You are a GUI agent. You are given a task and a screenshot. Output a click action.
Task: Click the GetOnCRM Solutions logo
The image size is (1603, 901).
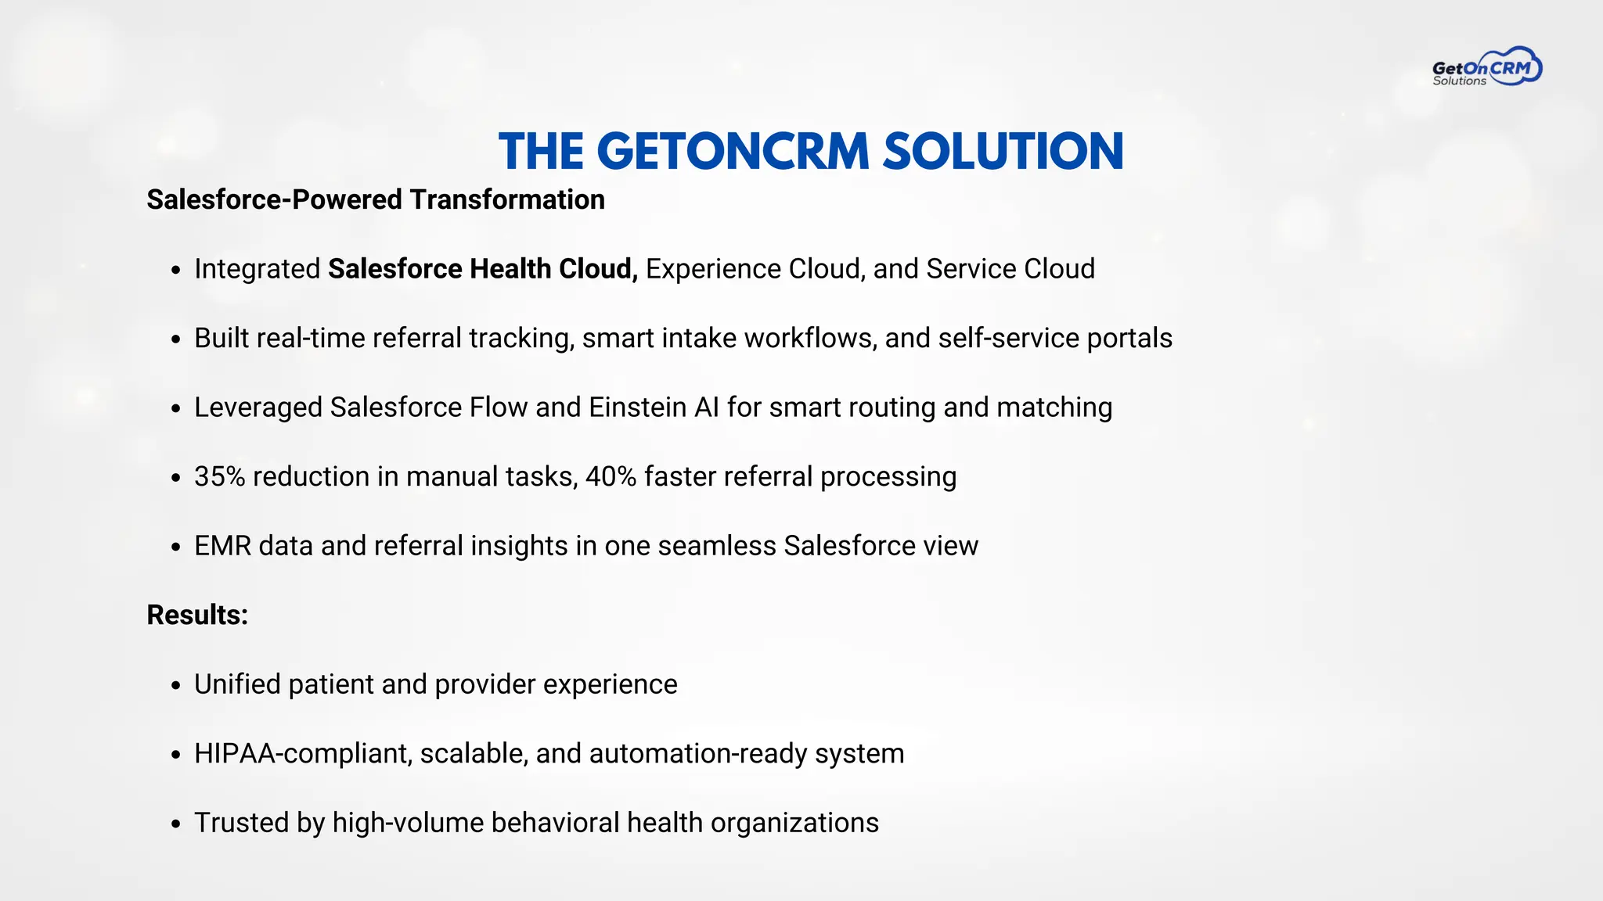pos(1486,67)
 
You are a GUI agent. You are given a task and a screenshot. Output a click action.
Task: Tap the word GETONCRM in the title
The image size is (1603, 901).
pos(733,151)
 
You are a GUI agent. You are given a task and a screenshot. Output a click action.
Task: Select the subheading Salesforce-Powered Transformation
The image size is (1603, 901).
pos(376,199)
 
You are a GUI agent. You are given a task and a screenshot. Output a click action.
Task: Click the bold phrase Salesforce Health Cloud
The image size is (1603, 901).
pos(482,269)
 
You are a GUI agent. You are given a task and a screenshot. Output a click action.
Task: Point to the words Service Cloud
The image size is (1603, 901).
pos(1010,269)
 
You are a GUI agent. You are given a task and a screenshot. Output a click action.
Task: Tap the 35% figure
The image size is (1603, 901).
pos(220,476)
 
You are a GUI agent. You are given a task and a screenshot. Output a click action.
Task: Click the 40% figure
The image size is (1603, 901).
pos(611,476)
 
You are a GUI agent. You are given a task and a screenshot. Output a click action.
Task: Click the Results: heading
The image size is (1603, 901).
pos(197,615)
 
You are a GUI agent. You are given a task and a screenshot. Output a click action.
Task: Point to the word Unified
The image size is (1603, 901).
pos(237,684)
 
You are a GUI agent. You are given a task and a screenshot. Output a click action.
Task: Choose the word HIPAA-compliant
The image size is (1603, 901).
pos(303,754)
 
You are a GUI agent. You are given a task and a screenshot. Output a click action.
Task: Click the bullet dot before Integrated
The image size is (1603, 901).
pos(176,271)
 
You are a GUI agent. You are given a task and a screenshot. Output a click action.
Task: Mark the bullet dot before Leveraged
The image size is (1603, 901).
pos(176,409)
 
